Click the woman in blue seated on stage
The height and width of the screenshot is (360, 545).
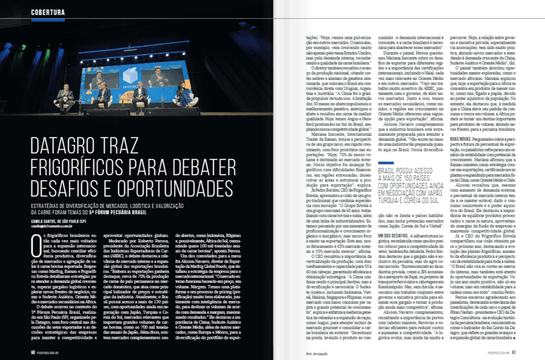click(x=184, y=95)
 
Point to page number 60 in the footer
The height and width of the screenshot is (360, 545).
click(x=33, y=351)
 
